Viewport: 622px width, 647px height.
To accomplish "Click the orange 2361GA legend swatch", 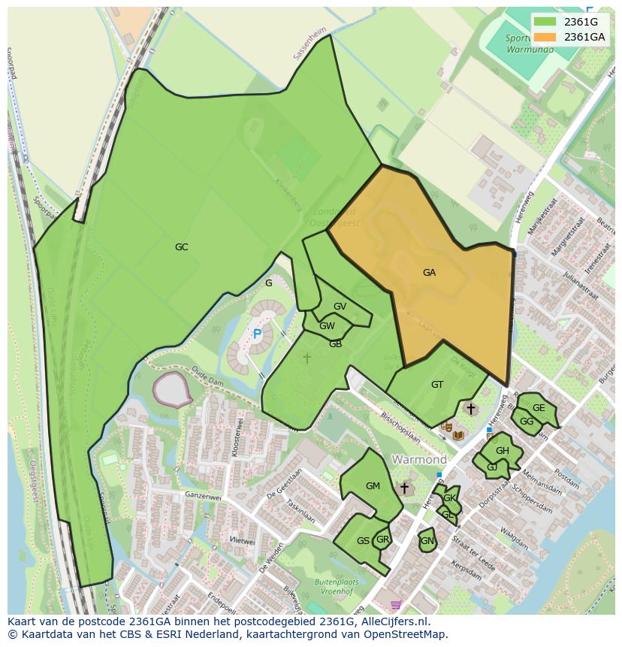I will tap(546, 37).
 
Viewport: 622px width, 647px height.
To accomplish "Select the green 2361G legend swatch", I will tap(546, 22).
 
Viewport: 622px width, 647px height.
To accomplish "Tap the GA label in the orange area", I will tap(429, 273).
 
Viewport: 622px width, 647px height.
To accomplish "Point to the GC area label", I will tap(181, 246).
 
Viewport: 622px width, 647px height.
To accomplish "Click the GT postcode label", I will tap(437, 384).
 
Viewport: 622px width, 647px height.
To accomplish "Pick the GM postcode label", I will tap(373, 485).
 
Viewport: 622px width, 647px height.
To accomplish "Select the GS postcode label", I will tap(363, 540).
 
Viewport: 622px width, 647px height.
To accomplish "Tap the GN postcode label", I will tap(427, 540).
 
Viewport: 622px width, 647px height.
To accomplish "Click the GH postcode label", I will tap(502, 451).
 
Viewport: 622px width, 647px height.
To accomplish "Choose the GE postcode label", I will tap(539, 407).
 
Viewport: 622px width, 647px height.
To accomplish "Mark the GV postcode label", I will tap(340, 306).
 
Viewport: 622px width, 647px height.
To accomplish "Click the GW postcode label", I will tap(327, 325).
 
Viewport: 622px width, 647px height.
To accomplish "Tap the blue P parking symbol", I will tap(257, 334).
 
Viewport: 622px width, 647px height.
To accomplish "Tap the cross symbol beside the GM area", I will tap(404, 488).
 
